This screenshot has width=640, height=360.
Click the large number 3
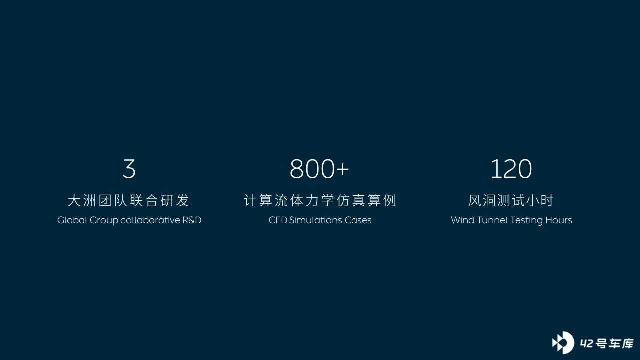click(x=129, y=169)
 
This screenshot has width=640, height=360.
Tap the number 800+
click(x=319, y=169)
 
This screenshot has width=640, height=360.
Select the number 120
click(x=511, y=169)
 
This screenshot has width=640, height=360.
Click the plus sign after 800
click(x=342, y=169)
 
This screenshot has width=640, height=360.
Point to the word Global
click(x=72, y=220)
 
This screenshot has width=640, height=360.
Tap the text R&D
click(x=192, y=220)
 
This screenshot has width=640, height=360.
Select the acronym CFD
click(x=278, y=220)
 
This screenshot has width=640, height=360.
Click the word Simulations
click(x=316, y=220)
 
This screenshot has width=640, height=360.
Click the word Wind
click(x=463, y=220)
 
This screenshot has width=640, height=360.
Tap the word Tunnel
click(x=492, y=220)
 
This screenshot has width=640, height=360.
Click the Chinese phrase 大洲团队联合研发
click(x=129, y=200)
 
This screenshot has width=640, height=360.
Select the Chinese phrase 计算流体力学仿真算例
click(x=320, y=200)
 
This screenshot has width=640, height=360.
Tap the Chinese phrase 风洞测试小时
click(x=511, y=200)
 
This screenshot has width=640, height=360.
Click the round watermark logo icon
click(x=563, y=343)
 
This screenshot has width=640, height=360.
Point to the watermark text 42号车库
click(x=607, y=343)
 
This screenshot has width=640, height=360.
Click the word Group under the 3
click(x=104, y=221)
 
